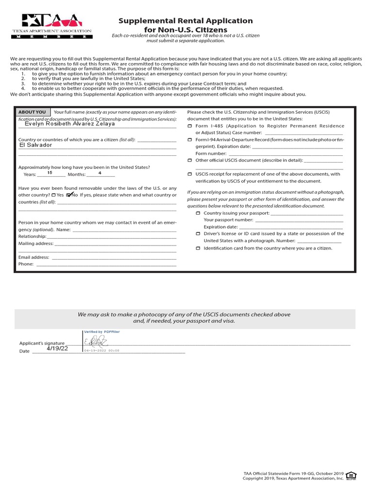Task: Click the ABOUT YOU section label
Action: [32, 112]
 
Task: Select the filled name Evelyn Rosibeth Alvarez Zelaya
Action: [69, 124]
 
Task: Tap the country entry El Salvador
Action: [35, 145]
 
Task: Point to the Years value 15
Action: [50, 173]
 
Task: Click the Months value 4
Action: [100, 173]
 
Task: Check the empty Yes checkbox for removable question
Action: [54, 195]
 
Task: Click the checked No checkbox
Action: [69, 195]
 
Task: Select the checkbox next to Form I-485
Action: [190, 126]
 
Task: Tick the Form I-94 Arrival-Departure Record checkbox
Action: [190, 140]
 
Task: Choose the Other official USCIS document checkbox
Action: [190, 160]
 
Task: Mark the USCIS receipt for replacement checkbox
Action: [190, 174]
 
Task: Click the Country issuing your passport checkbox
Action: [198, 213]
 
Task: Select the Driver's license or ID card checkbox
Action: [198, 234]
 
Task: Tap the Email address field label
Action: [34, 257]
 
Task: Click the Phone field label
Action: [26, 264]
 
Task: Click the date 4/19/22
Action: [57, 348]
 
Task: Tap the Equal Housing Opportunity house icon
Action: [352, 475]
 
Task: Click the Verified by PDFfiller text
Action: [102, 331]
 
